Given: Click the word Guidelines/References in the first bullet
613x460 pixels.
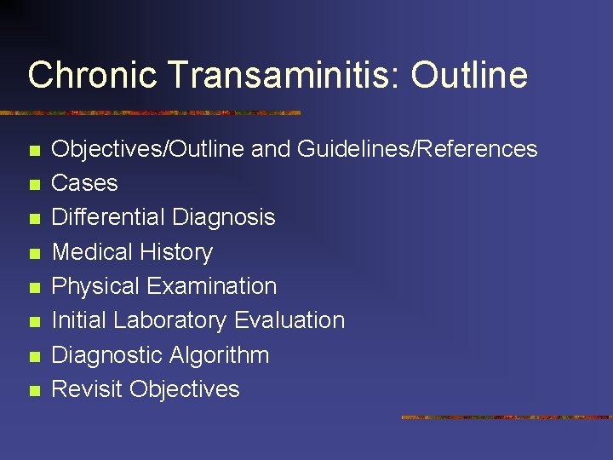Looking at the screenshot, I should [x=417, y=149].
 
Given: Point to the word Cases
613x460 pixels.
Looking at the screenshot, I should [x=85, y=183].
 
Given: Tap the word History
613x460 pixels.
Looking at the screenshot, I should [x=179, y=252].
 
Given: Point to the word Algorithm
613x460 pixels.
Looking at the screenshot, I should [x=220, y=355].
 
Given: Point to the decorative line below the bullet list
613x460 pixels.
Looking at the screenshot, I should [x=507, y=417].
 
